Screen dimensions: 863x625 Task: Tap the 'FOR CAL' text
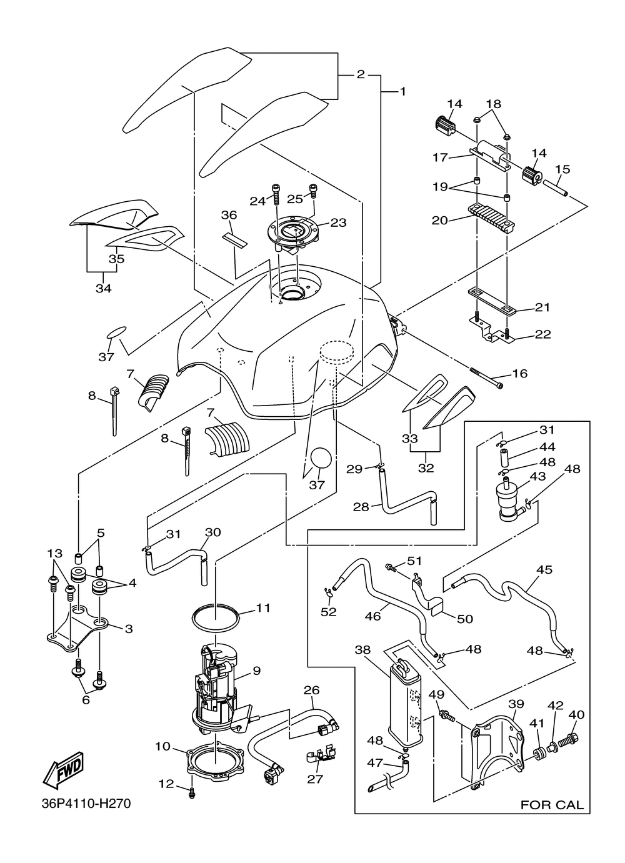[x=552, y=805]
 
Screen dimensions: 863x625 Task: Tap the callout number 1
[x=402, y=91]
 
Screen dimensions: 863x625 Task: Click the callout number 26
[x=311, y=691]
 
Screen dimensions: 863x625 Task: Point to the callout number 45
[x=544, y=569]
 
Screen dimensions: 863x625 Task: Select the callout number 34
[x=103, y=289]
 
